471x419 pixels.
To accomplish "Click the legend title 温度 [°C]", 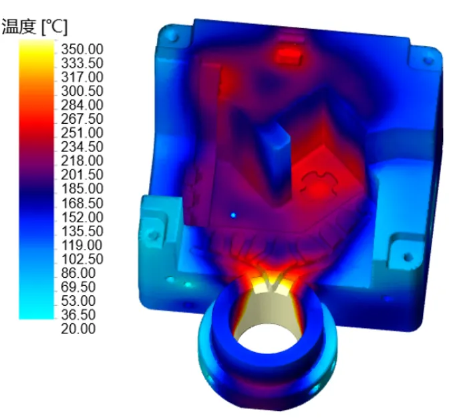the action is tap(35, 27).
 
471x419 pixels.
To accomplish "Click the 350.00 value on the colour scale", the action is tap(82, 49).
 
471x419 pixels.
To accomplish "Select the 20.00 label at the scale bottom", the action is tap(78, 329).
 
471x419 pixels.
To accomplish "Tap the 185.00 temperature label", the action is tap(82, 189).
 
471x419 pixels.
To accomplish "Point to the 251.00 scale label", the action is tap(82, 133).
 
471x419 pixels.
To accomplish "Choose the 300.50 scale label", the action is tap(82, 91).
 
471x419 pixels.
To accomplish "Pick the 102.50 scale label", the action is tap(82, 259).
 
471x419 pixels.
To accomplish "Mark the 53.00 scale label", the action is tap(78, 301).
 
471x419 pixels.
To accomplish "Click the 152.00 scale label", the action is tap(82, 217).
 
